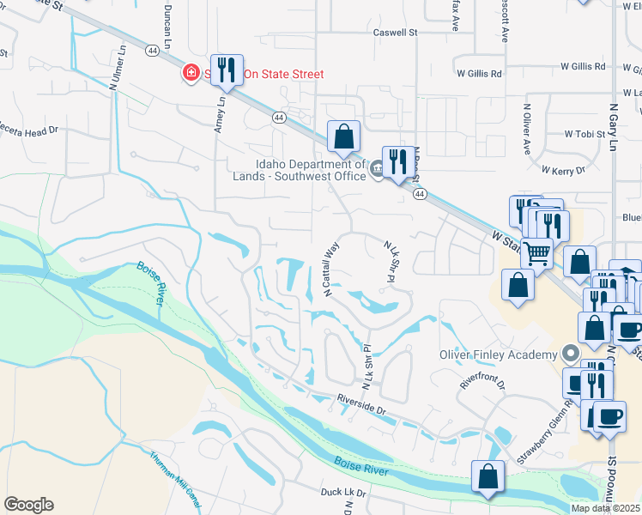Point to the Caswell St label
(394, 33)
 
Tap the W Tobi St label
(586, 135)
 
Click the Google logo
(28, 505)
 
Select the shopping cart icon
(537, 252)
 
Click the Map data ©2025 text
(606, 508)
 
